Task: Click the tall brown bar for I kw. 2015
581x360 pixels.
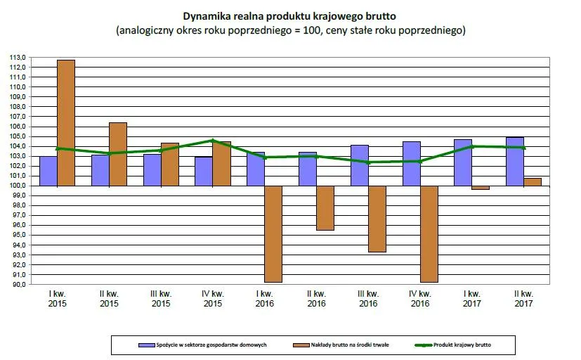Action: (66, 123)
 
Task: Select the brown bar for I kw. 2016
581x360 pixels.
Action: (273, 233)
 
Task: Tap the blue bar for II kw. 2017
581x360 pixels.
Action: (516, 162)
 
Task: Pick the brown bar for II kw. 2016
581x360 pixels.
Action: (325, 208)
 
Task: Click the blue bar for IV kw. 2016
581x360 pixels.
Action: (412, 164)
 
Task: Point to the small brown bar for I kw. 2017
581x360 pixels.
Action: (481, 188)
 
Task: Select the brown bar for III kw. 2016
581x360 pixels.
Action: (377, 219)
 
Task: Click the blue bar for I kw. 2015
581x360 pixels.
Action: (48, 171)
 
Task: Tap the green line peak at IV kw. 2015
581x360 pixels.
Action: (213, 141)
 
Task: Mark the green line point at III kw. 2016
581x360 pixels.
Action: (368, 162)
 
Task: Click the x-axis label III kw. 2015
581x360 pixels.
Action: (161, 299)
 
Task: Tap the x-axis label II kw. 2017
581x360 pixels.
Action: (523, 299)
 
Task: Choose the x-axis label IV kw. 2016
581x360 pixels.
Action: (419, 299)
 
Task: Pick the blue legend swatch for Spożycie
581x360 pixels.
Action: (147, 345)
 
